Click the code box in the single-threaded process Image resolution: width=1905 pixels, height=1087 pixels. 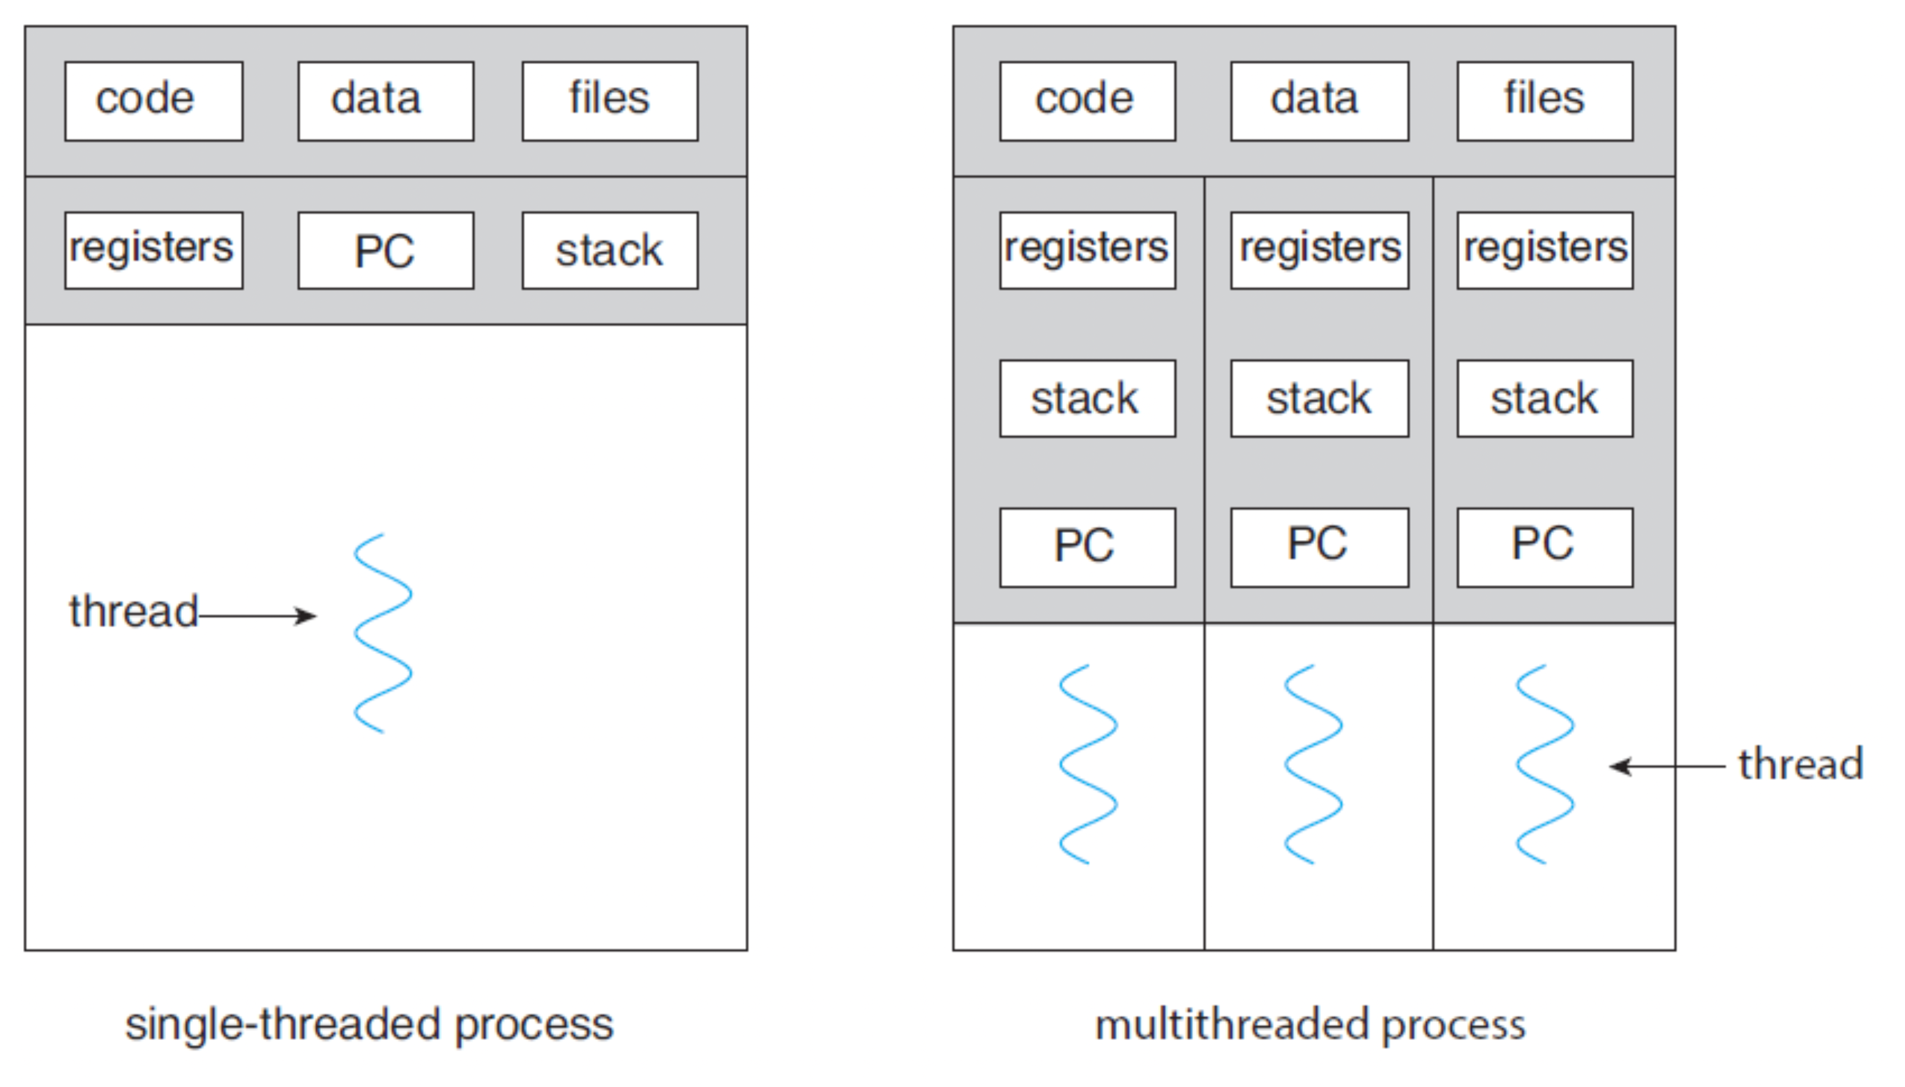154,101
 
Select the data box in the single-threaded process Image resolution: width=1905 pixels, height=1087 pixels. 386,101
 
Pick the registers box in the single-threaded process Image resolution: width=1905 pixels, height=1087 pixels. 154,250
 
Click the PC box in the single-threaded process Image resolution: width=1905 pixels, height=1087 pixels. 386,250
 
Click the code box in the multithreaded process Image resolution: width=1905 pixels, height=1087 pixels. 1088,101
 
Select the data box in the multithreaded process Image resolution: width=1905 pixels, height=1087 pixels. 1320,101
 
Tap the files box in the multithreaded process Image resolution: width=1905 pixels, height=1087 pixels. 1545,101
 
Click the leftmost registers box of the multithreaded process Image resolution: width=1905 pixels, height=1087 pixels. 1088,250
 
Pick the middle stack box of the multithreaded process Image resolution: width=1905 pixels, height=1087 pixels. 1320,399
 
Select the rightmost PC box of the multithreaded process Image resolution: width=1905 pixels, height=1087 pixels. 1545,547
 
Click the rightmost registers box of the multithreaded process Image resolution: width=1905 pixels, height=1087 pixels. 1545,250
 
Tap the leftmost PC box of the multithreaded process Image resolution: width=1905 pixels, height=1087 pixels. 1088,547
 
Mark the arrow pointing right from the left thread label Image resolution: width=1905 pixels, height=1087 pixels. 257,616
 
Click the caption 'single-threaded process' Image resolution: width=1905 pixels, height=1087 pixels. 369,1025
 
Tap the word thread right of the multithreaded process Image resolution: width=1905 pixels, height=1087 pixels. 1801,764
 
